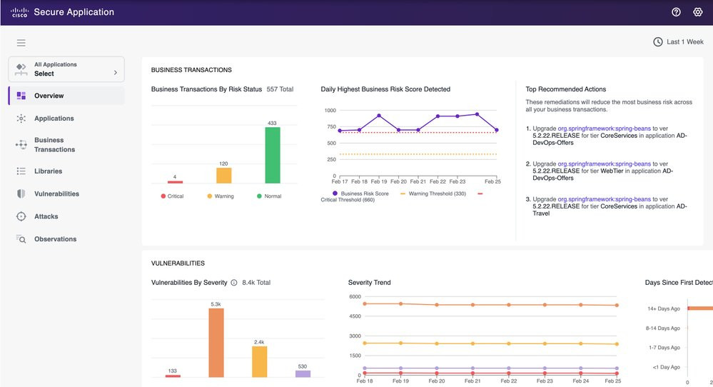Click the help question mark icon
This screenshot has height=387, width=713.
[676, 12]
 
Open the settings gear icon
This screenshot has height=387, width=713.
[697, 12]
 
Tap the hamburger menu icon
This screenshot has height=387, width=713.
[21, 43]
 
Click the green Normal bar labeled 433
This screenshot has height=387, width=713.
[273, 155]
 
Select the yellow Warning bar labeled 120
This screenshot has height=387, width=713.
[223, 176]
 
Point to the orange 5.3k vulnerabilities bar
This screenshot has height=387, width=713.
[216, 343]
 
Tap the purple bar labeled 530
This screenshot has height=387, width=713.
[303, 374]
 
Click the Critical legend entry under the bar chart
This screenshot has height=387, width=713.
[172, 196]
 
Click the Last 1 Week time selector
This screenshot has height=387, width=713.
[679, 42]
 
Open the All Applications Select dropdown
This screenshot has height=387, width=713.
[66, 69]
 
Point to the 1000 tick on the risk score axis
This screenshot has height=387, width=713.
[330, 111]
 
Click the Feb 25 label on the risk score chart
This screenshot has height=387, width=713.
[492, 181]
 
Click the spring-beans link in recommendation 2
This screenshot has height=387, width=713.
[605, 164]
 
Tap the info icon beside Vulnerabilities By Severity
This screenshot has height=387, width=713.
[233, 283]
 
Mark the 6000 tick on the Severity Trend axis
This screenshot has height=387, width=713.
[355, 296]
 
